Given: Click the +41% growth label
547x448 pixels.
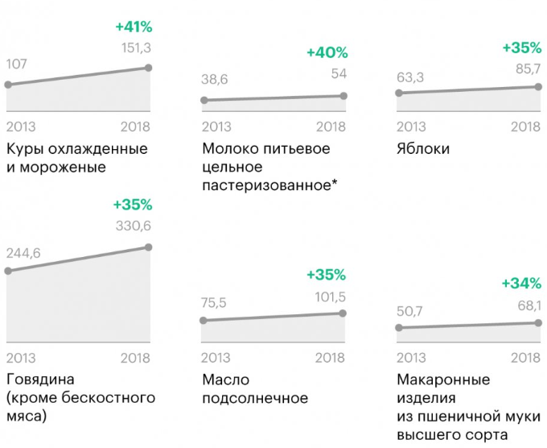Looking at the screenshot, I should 133,27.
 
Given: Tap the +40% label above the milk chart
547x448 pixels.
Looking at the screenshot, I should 327,53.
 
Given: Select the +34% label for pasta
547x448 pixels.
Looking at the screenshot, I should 521,283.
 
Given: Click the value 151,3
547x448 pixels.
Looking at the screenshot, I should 134,48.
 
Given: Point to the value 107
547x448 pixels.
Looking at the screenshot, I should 18,64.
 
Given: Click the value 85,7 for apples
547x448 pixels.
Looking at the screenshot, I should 526,69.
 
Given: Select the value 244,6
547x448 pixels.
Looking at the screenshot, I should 23,254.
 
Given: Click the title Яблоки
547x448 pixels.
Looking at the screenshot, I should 423,149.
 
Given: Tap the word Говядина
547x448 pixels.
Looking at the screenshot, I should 40,380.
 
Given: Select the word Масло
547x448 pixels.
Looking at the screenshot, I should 224,380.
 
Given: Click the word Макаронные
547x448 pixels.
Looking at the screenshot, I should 443,380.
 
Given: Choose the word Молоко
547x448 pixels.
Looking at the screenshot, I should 229,149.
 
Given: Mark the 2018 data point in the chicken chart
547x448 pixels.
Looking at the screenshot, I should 149,68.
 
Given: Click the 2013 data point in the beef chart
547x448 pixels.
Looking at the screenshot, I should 8,271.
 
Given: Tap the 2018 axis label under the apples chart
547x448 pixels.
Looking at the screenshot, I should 526,127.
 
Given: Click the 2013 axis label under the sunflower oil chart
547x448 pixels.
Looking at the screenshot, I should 216,358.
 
